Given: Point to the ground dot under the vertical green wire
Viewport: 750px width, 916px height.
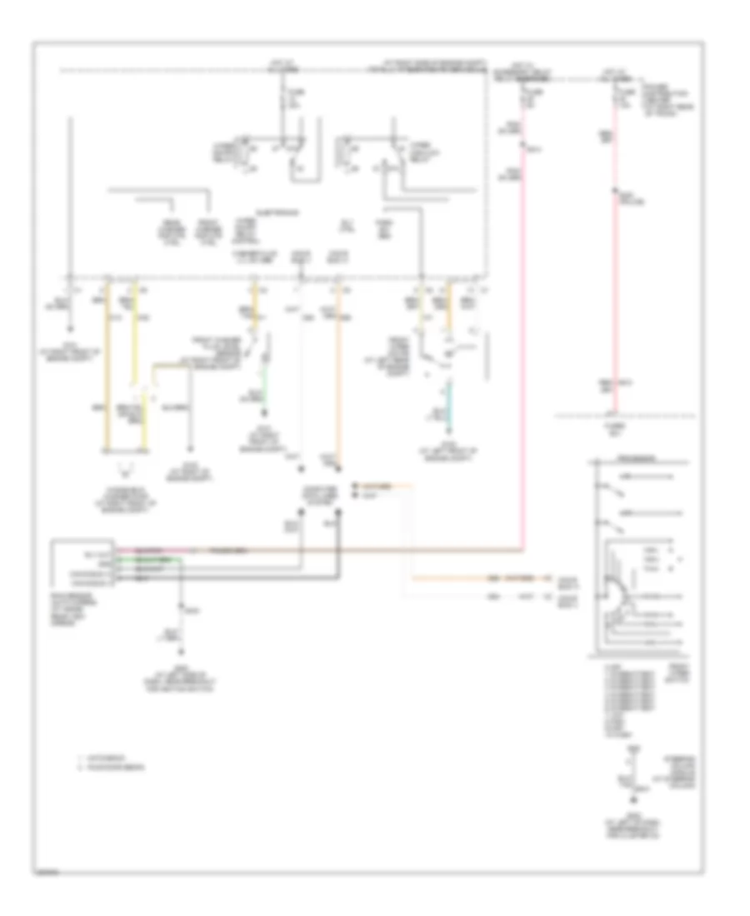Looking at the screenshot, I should point(266,412).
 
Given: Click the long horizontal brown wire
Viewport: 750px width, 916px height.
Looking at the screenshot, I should point(350,551).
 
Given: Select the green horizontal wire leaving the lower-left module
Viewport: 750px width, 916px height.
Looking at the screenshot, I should point(150,560).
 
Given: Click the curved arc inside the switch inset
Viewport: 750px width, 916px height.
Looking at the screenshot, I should point(617,587).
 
